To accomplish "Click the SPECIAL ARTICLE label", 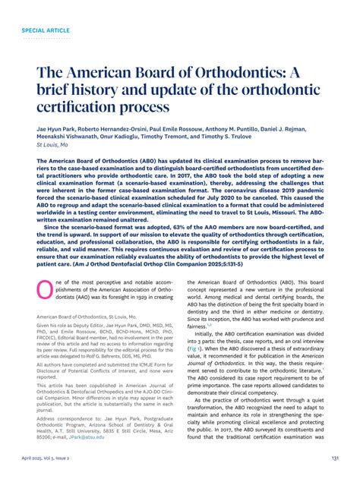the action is pos(45,31).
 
